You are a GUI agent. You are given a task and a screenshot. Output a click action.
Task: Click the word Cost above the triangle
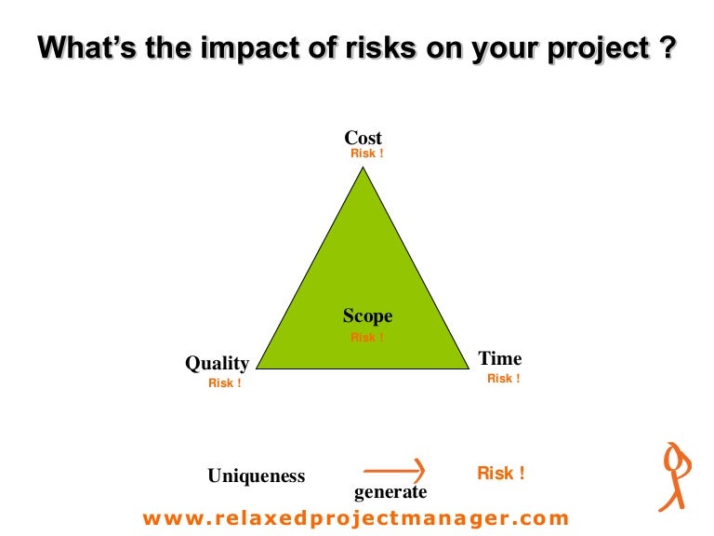click(x=363, y=139)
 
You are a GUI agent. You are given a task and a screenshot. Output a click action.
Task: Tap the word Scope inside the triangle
click(x=367, y=315)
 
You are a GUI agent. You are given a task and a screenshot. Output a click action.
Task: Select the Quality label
click(x=217, y=363)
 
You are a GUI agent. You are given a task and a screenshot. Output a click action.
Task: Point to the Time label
click(x=500, y=358)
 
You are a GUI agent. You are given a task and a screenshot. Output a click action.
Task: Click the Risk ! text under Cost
click(x=366, y=154)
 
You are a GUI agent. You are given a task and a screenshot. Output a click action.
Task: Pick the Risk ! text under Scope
click(x=366, y=338)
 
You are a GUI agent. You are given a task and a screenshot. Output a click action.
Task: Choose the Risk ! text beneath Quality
click(x=225, y=383)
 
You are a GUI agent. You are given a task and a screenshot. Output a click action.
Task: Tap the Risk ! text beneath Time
click(x=504, y=379)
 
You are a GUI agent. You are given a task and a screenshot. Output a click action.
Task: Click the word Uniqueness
click(x=256, y=476)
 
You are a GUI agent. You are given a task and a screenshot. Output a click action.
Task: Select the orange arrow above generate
click(x=394, y=467)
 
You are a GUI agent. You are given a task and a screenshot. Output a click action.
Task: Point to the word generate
click(x=390, y=492)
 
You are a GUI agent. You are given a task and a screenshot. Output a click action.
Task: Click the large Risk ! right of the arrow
click(x=501, y=474)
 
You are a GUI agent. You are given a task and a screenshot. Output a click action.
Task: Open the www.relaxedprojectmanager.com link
click(x=356, y=518)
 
